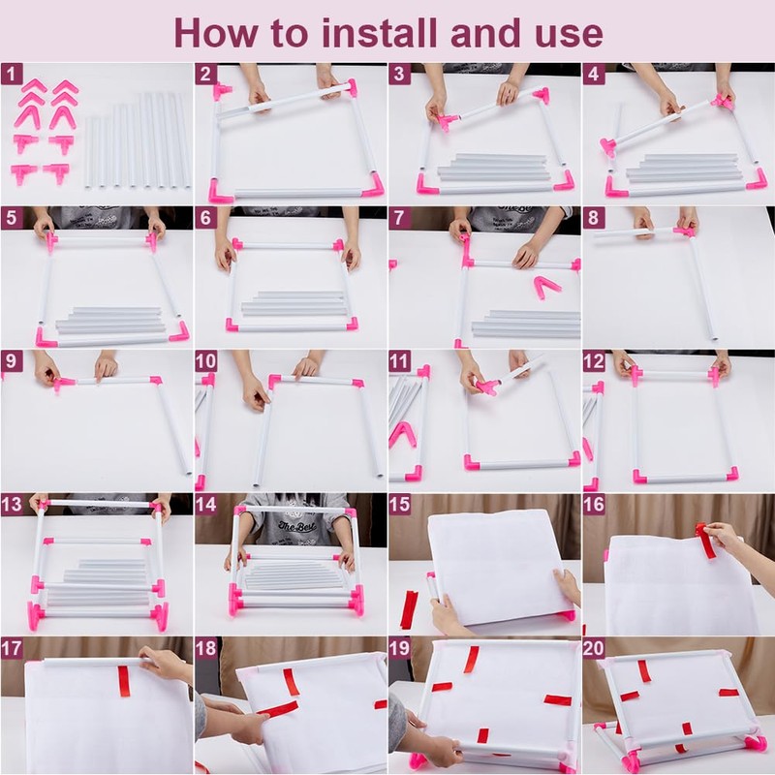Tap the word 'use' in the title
click(x=574, y=37)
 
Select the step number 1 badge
click(x=12, y=75)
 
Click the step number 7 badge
click(x=400, y=218)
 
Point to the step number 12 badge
click(x=594, y=361)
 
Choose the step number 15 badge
click(x=400, y=504)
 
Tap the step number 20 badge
click(x=594, y=648)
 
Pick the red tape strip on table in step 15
click(x=409, y=609)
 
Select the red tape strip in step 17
click(x=124, y=681)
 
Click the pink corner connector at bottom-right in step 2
click(x=374, y=185)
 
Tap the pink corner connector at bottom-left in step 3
click(x=426, y=184)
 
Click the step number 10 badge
click(x=205, y=361)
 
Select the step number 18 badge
click(x=205, y=648)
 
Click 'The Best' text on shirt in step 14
click(x=296, y=526)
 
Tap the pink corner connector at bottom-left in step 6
click(x=232, y=325)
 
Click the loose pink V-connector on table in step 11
click(x=403, y=434)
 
